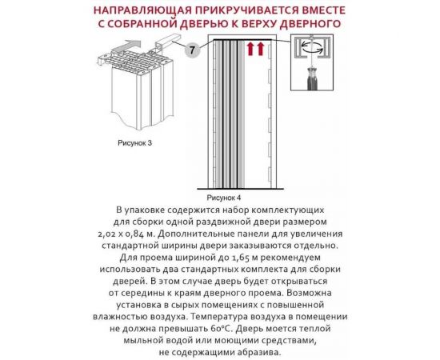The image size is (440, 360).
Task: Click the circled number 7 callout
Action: pos(192,50)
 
